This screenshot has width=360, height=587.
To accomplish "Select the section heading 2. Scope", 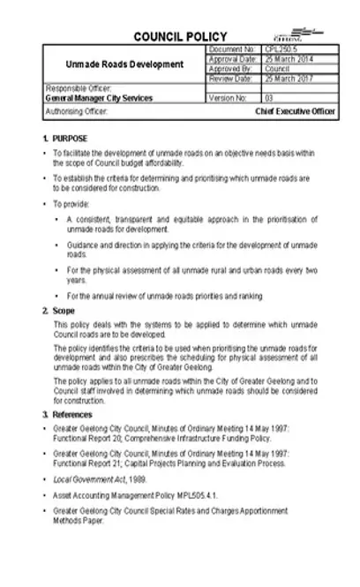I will click(57, 312).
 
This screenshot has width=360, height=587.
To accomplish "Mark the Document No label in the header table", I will click(230, 49).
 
